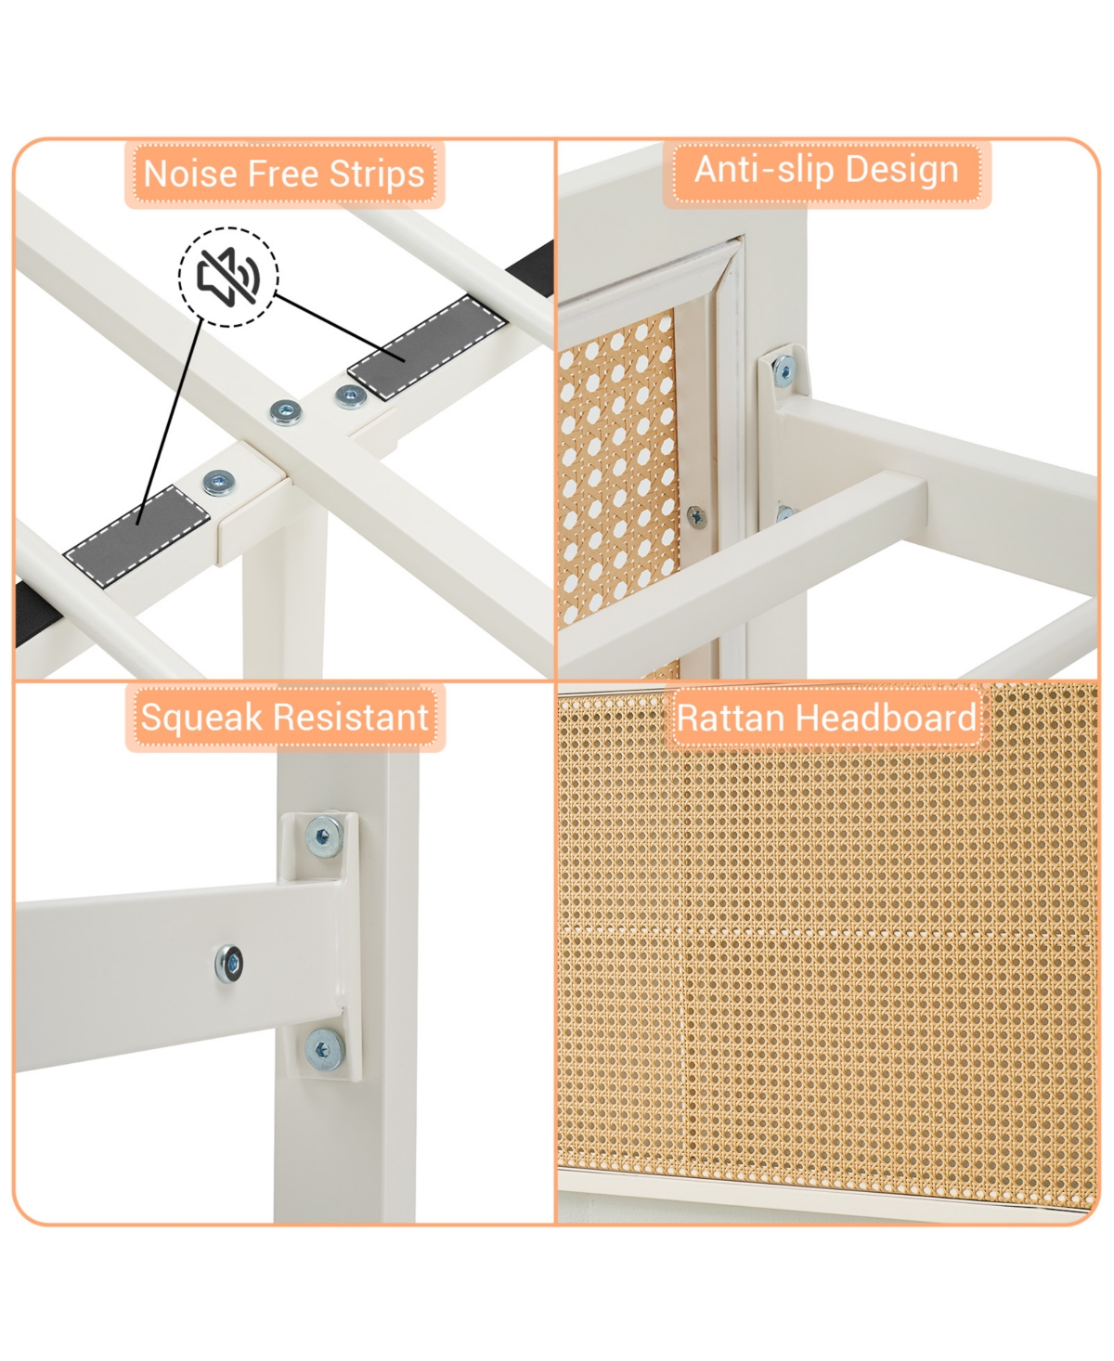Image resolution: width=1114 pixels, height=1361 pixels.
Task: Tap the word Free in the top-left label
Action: (x=284, y=174)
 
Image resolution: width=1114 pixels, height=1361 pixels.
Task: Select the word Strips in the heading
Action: (x=376, y=175)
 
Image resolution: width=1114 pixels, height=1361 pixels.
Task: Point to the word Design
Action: (x=901, y=171)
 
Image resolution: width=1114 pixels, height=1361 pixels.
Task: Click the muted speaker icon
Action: (x=229, y=277)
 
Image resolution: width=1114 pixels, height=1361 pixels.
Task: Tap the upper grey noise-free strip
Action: (x=427, y=348)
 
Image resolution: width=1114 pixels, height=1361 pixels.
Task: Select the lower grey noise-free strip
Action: (x=136, y=536)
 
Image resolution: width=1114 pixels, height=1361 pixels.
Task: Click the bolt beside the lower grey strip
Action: (x=219, y=482)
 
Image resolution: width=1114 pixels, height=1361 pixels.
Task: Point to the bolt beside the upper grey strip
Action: (x=351, y=396)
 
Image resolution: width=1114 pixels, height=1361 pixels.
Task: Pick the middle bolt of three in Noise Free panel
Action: (x=286, y=411)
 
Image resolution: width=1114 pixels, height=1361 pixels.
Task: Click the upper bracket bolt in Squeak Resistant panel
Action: (x=323, y=836)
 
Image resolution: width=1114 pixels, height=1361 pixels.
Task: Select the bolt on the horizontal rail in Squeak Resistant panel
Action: (x=229, y=965)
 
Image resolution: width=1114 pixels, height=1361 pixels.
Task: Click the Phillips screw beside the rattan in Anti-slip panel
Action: (x=696, y=516)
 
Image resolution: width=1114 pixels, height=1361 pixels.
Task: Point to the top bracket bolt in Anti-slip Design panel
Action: (x=784, y=370)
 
